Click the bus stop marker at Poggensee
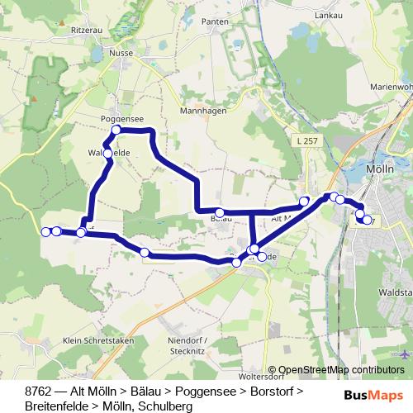pyautogui.click(x=116, y=130)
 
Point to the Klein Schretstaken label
pyautogui.click(x=93, y=340)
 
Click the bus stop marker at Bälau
pyautogui.click(x=219, y=212)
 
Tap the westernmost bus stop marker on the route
pyautogui.click(x=45, y=231)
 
